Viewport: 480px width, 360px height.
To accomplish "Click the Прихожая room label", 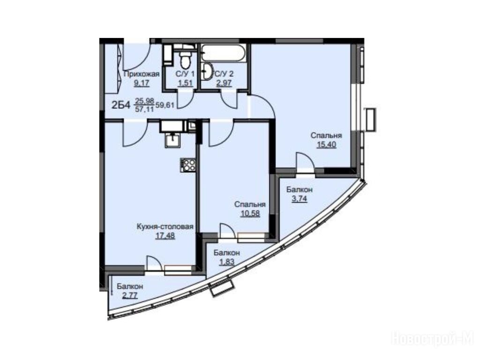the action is pyautogui.click(x=142, y=74).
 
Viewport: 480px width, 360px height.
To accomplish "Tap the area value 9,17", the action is pyautogui.click(x=142, y=83).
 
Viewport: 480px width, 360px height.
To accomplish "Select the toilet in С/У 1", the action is pyautogui.click(x=185, y=60).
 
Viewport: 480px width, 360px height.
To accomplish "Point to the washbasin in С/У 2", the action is pyautogui.click(x=209, y=72).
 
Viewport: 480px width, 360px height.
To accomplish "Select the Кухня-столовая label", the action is pyautogui.click(x=165, y=227).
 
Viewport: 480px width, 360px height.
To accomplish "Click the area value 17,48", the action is pyautogui.click(x=165, y=236).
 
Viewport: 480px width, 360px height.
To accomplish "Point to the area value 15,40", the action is pyautogui.click(x=326, y=144).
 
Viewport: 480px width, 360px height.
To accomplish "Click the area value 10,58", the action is pyautogui.click(x=250, y=213).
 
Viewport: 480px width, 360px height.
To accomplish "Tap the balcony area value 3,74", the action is pyautogui.click(x=300, y=199).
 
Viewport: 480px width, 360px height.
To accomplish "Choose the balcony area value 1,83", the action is pyautogui.click(x=226, y=262).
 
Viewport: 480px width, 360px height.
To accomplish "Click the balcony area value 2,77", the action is pyautogui.click(x=130, y=296).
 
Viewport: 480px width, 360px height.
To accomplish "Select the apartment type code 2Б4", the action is pyautogui.click(x=121, y=105).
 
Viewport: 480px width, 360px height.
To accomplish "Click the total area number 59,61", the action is pyautogui.click(x=165, y=105).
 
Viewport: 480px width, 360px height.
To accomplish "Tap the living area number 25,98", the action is pyautogui.click(x=144, y=101).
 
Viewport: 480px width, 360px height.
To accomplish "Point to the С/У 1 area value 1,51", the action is pyautogui.click(x=186, y=83).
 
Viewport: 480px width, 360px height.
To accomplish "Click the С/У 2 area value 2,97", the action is pyautogui.click(x=224, y=83).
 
